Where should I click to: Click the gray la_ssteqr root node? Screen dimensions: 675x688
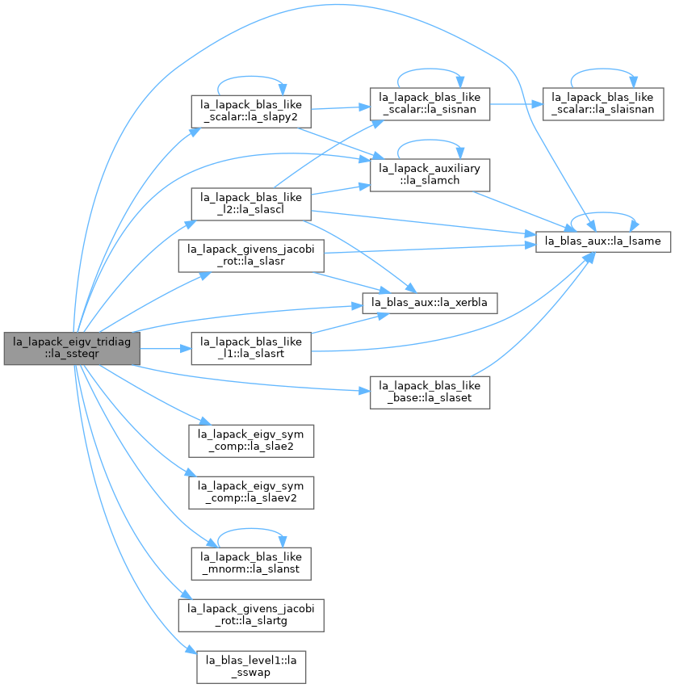coord(72,348)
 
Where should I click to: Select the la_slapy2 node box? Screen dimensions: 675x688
coord(251,111)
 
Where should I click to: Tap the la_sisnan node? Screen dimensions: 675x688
coord(430,104)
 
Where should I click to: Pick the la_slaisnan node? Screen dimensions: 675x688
coord(603,104)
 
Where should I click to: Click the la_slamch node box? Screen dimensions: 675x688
coord(430,175)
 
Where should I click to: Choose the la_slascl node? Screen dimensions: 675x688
coord(251,204)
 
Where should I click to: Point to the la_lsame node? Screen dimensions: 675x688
coord(603,241)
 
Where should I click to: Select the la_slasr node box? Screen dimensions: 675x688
coord(251,256)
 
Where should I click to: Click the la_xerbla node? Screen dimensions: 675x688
coord(430,303)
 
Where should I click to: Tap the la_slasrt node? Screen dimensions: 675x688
coord(251,348)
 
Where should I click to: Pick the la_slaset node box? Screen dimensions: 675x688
coord(430,392)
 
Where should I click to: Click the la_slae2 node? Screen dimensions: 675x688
coord(251,441)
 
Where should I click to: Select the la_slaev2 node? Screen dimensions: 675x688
coord(251,493)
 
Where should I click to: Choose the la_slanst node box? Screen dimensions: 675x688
coord(251,564)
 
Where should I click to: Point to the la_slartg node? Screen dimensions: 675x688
coord(251,615)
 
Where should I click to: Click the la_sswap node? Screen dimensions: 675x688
coord(251,667)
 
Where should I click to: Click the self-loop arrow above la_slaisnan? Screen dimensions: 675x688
coord(603,69)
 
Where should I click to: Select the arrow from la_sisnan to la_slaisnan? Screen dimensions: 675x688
coord(516,104)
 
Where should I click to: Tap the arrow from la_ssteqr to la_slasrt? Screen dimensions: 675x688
coord(166,348)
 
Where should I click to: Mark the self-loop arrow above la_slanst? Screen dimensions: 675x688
coord(251,529)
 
